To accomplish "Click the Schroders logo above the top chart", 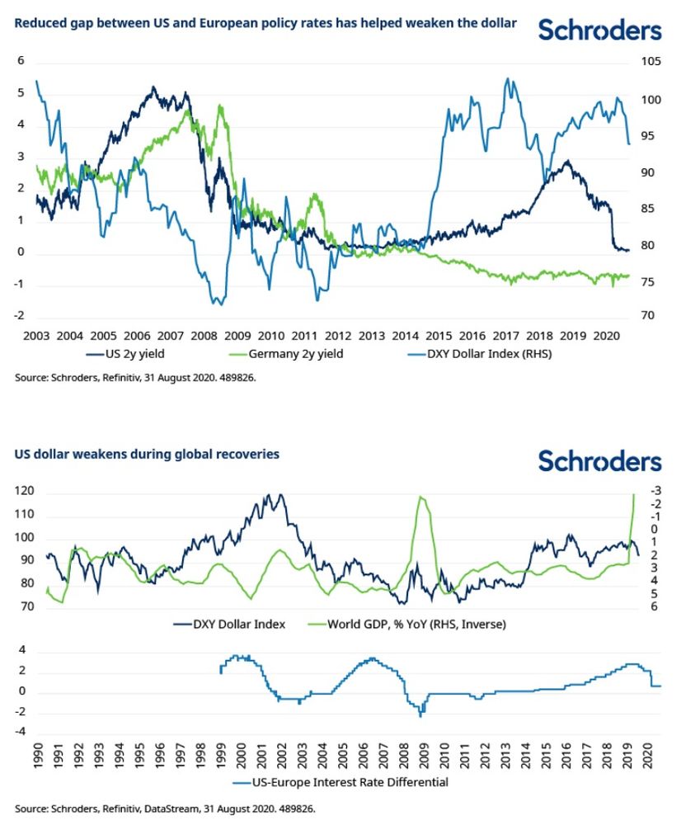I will (599, 31).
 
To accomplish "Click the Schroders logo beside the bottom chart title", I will (599, 460).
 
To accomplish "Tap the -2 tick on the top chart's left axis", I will (21, 316).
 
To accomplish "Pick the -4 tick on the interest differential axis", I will (24, 731).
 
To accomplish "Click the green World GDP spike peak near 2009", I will (421, 497).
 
